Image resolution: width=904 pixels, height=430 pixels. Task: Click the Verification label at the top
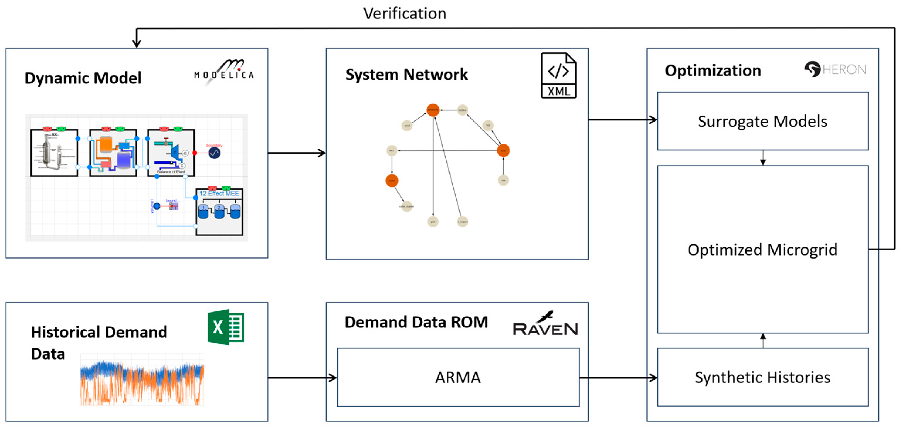[404, 14]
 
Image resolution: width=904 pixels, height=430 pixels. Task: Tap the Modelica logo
[224, 72]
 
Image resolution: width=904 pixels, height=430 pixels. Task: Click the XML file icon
[558, 75]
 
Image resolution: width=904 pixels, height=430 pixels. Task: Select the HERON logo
[835, 69]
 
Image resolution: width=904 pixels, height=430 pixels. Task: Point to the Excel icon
[226, 327]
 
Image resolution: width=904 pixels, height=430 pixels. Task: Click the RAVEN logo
[545, 324]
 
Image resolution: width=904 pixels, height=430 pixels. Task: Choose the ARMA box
[458, 377]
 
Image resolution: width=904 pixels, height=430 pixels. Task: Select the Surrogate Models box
[762, 121]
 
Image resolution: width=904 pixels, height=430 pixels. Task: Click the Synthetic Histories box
[762, 377]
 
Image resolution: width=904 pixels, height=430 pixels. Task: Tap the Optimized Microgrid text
[762, 250]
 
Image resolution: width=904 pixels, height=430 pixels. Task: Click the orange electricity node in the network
[433, 110]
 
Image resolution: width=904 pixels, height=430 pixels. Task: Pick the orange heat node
[503, 150]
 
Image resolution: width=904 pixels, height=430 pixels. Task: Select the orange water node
[392, 181]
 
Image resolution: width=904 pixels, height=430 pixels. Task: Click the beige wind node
[407, 125]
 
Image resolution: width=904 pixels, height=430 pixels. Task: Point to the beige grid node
[433, 222]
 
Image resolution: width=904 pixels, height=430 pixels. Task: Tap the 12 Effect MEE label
[219, 193]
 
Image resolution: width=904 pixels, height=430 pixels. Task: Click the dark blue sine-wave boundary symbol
[214, 153]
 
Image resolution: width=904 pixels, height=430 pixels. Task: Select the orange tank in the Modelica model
[106, 144]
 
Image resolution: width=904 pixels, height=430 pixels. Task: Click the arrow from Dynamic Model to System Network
[297, 153]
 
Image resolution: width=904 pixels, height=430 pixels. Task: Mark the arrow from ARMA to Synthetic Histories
[618, 378]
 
